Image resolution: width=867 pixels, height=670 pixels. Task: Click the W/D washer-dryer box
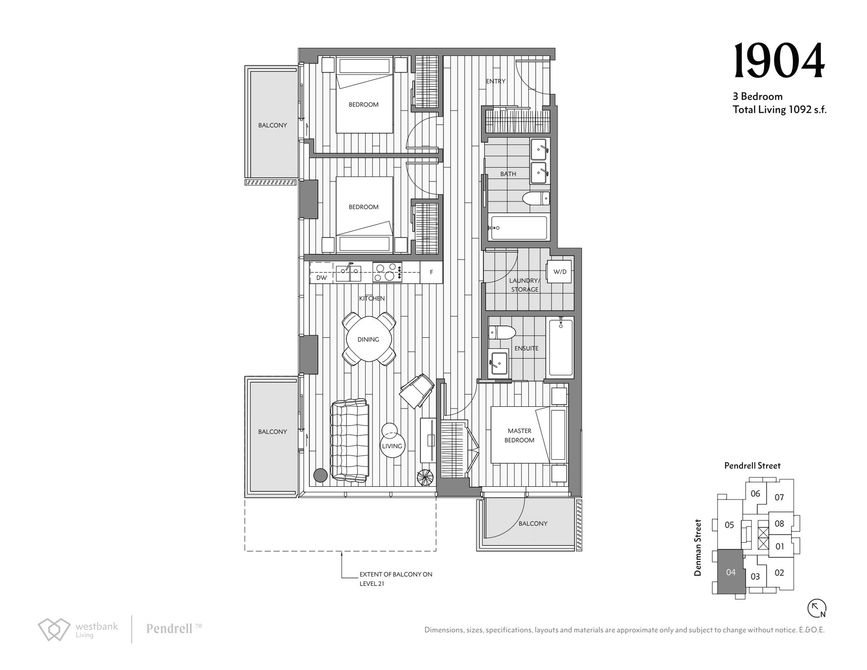click(559, 271)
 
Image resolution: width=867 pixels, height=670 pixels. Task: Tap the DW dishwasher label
click(322, 278)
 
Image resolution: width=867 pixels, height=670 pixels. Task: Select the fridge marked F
click(431, 272)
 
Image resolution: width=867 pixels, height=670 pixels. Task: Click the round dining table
click(368, 339)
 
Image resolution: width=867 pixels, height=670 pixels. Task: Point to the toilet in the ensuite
click(502, 332)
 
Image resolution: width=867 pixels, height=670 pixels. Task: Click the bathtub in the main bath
click(519, 228)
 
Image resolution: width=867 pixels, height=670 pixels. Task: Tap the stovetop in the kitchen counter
click(387, 272)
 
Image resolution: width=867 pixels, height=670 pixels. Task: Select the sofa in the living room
click(350, 440)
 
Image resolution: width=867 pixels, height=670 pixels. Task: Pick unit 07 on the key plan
click(779, 498)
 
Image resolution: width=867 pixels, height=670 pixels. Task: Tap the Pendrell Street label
click(752, 465)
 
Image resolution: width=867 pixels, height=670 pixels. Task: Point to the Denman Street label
click(698, 547)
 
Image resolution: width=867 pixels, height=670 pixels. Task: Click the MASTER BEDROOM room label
click(519, 435)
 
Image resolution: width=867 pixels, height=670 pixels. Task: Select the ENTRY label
click(495, 81)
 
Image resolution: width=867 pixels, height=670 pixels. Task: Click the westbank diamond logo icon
click(54, 629)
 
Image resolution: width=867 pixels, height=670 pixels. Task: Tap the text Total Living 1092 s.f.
click(779, 109)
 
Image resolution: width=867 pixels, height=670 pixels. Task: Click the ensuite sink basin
click(499, 362)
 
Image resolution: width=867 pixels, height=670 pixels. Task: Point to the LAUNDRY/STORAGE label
click(525, 285)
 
